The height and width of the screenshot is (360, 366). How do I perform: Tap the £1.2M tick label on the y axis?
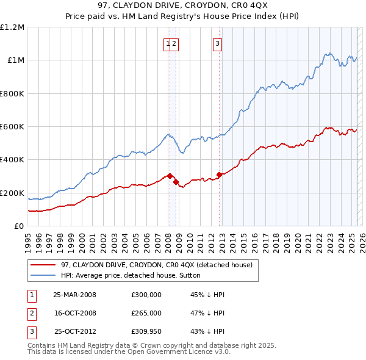click(12, 27)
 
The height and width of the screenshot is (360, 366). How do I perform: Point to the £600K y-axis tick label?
click(12, 127)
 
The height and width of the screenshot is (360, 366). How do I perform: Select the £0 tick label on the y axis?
click(19, 226)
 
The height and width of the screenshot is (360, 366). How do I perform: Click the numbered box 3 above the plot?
click(217, 43)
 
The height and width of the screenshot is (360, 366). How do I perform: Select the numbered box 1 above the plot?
click(167, 43)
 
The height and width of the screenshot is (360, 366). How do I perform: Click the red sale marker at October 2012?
click(220, 175)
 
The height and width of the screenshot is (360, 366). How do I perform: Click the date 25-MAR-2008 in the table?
click(74, 295)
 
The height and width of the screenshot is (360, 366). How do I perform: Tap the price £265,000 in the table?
click(146, 313)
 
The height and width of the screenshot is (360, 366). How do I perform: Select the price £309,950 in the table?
click(146, 332)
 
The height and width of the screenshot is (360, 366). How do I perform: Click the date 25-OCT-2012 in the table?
click(74, 332)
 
